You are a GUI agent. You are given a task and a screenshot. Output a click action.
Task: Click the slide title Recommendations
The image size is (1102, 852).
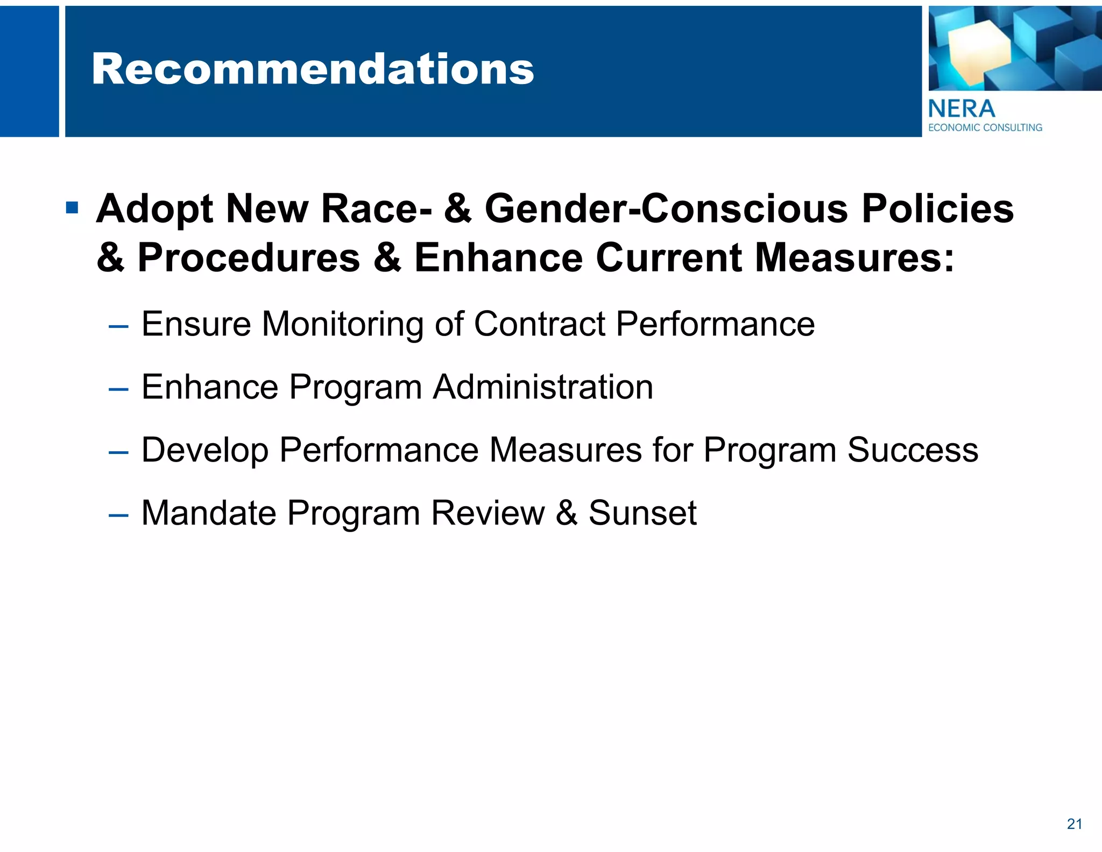313,70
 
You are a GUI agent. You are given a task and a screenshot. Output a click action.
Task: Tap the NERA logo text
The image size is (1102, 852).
962,109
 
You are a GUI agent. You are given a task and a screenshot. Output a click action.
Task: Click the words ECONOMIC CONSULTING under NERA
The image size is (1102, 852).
985,128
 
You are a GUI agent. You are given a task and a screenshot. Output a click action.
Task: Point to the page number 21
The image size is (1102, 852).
1074,824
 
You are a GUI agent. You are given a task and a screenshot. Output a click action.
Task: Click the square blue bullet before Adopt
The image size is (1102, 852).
72,208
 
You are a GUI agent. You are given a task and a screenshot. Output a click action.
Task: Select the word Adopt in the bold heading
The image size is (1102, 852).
154,209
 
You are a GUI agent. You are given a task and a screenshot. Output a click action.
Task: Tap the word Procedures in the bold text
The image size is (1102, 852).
249,258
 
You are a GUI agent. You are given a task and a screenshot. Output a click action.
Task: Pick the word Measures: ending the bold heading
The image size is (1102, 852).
854,258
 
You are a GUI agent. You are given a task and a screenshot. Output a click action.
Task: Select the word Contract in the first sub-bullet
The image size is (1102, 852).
540,324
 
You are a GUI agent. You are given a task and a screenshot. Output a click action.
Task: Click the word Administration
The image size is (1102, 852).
543,387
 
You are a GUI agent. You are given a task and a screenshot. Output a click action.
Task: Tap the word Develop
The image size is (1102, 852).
205,451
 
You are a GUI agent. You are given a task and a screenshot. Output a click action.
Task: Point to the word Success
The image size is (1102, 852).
913,450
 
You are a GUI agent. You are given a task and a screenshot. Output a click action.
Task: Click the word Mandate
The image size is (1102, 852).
209,513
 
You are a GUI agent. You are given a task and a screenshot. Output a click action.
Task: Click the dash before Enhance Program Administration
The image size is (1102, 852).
118,389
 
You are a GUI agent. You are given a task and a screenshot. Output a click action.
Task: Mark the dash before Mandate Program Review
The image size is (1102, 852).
118,515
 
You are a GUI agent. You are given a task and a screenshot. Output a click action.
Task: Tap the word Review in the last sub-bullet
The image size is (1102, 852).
488,513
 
